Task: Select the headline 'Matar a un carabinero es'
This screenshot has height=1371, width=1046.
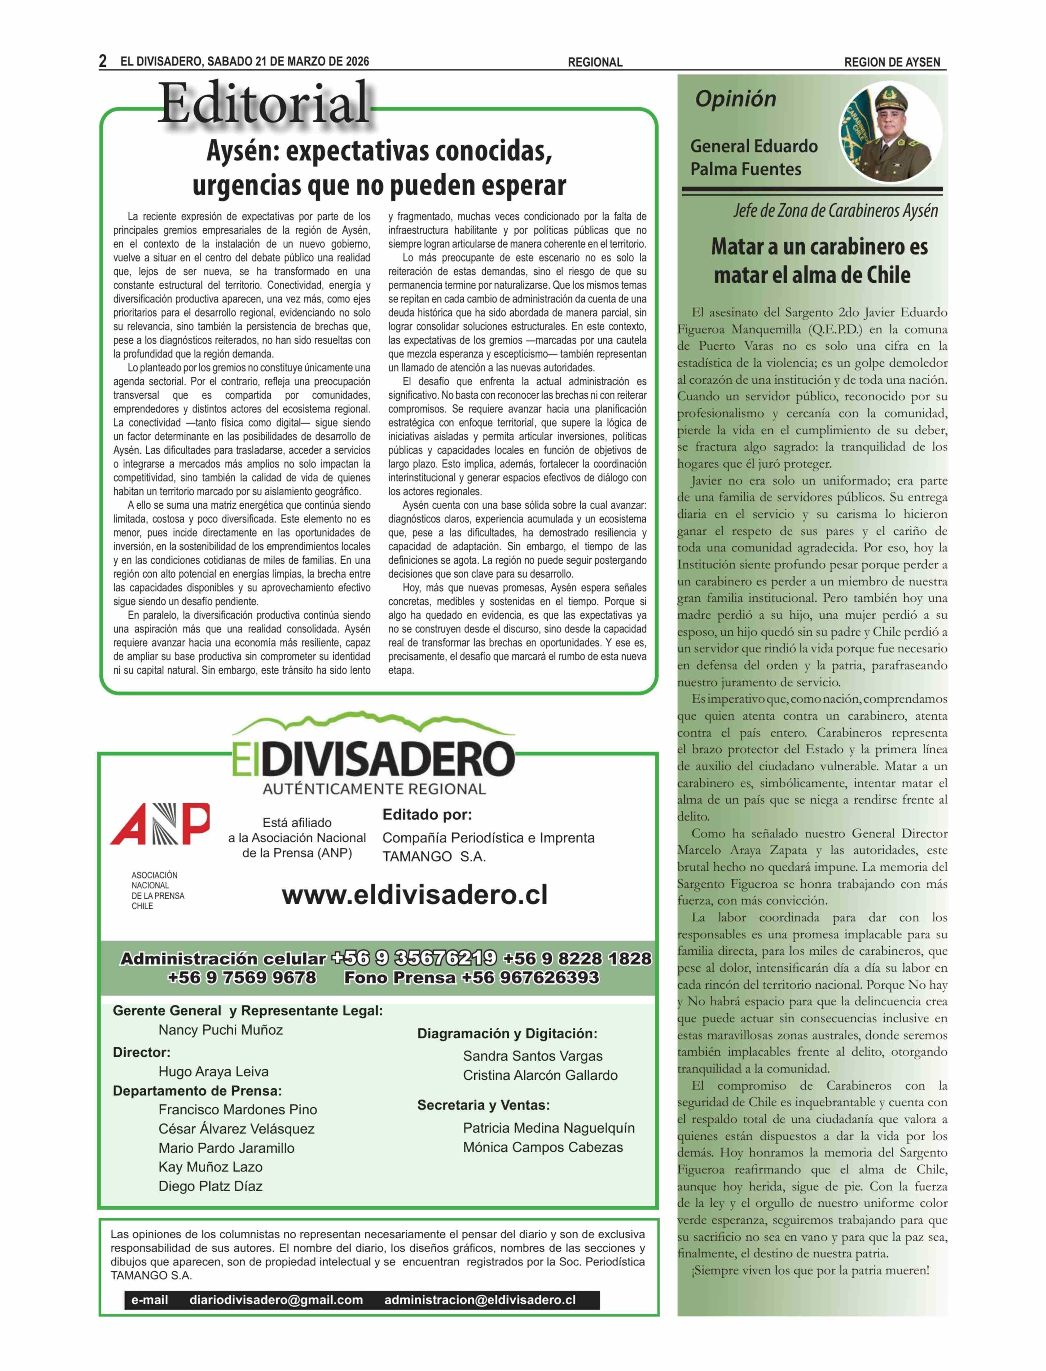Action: pyautogui.click(x=819, y=247)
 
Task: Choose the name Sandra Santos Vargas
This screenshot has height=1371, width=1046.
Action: pyautogui.click(x=532, y=1056)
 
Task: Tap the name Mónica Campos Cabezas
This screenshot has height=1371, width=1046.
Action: pyautogui.click(x=542, y=1147)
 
